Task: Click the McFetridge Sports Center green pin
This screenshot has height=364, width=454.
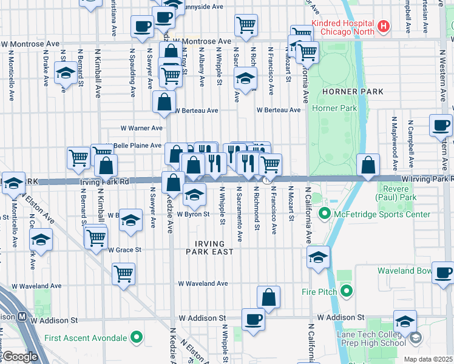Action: pos(325,214)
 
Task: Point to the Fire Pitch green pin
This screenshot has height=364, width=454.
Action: pos(347,292)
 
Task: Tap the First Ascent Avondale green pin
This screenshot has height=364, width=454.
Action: pos(137,337)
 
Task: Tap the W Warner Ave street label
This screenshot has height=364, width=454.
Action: pos(141,128)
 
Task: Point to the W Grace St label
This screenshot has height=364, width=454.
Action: pos(124,249)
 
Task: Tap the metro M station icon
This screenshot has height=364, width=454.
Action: pos(21,316)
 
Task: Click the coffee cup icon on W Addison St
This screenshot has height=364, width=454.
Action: pos(253,318)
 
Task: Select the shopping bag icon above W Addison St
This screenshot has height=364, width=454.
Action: pos(268,297)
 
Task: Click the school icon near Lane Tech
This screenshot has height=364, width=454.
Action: pos(405,322)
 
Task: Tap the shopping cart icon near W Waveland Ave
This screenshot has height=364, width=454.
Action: pos(124,274)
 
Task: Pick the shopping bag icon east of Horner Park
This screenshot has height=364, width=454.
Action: pos(368,164)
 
